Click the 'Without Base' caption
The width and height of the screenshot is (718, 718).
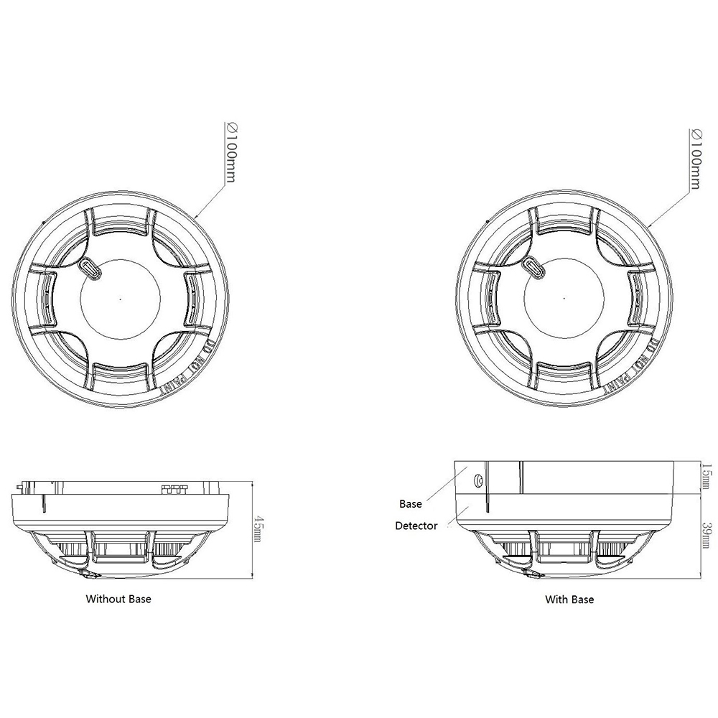118,598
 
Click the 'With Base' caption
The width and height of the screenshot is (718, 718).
569,599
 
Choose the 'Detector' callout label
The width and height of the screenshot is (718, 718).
416,526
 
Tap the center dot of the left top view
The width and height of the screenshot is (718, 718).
121,298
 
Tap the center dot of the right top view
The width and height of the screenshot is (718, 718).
567,298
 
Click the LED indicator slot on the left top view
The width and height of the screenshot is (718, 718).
90,267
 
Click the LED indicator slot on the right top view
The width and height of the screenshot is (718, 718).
536,267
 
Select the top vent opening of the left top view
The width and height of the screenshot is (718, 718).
121,223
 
